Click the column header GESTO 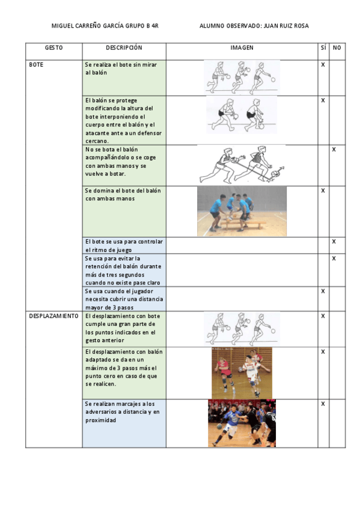tap(53, 48)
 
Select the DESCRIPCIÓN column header tap(124, 48)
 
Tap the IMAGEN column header tap(242, 48)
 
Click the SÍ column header tap(323, 48)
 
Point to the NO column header tap(337, 48)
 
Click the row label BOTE tap(36, 64)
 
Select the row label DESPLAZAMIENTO tap(53, 316)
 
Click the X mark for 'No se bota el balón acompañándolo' tap(334, 149)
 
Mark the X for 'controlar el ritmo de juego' tap(334, 241)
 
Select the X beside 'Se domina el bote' tap(323, 191)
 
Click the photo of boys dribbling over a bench tap(242, 210)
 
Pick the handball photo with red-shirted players tap(242, 373)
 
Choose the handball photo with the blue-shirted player tap(242, 423)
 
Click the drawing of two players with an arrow tap(242, 164)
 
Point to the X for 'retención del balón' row tap(334, 258)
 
